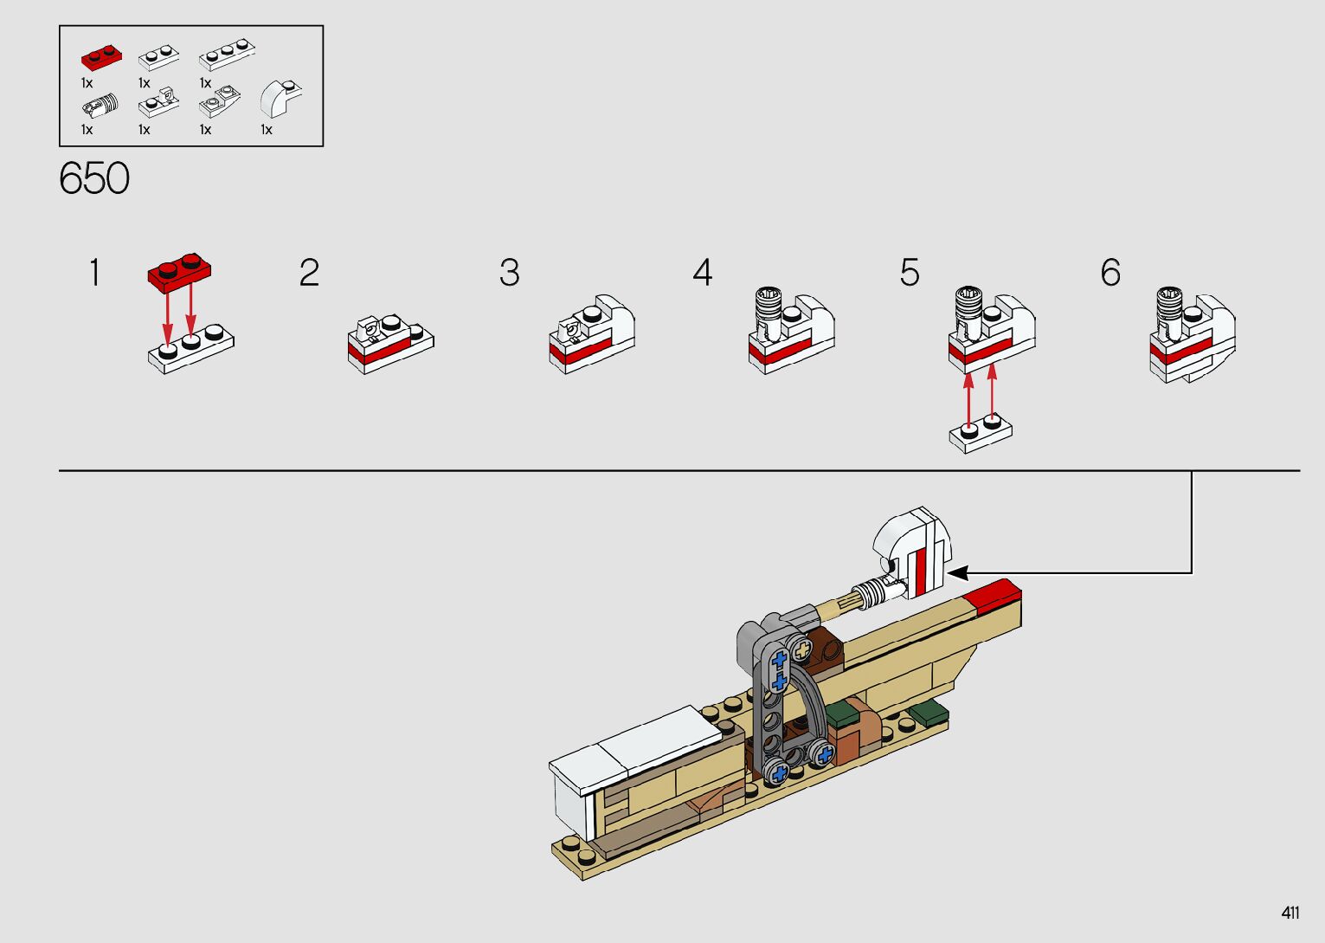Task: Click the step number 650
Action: coord(94,178)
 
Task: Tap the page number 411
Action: coord(1290,914)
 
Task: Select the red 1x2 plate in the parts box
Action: coord(101,58)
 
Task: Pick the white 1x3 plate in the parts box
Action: coord(227,57)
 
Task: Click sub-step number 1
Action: coord(94,273)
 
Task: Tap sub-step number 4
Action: coord(702,273)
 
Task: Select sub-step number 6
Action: coord(1110,273)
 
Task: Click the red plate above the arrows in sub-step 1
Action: coord(180,272)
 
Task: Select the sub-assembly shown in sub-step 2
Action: coord(390,343)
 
